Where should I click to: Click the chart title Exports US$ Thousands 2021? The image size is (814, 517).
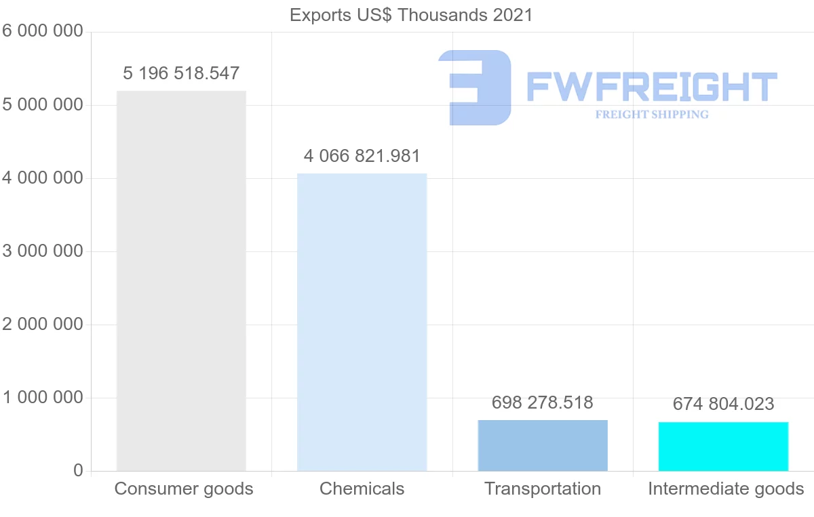[411, 14]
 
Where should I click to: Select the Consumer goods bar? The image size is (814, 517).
[181, 281]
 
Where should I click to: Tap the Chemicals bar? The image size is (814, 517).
[362, 322]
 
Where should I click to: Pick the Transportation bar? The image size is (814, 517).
[543, 445]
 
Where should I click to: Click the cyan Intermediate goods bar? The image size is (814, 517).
[723, 446]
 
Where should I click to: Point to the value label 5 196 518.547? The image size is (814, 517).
[181, 73]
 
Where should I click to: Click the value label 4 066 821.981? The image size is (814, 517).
[362, 156]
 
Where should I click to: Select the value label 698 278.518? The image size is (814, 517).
[543, 402]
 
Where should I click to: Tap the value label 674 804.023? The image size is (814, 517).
[723, 405]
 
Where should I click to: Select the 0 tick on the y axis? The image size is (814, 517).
[77, 471]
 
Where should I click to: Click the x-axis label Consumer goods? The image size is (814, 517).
[183, 489]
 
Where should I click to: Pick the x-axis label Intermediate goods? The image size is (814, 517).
[725, 489]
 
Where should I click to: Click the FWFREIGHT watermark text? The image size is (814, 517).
[651, 87]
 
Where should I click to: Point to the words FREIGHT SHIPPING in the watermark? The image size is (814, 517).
[652, 115]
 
